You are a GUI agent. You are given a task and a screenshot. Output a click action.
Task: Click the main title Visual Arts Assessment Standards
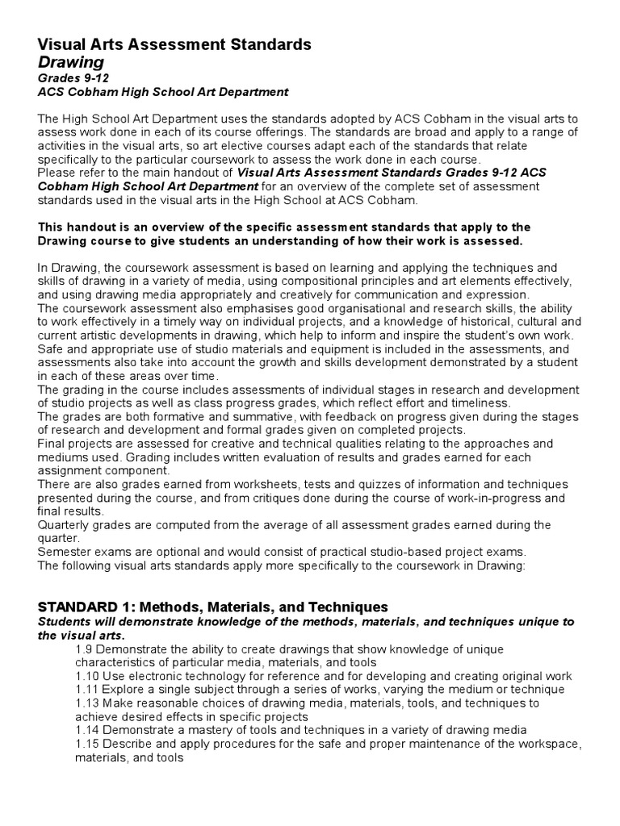174,44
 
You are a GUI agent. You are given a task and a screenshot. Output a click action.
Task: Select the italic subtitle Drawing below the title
71,62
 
